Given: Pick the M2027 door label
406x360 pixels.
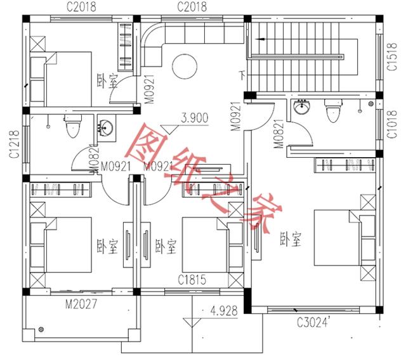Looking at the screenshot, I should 81,304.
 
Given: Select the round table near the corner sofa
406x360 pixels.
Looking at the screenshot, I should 185,65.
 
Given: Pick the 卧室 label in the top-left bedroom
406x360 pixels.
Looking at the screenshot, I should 107,80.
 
